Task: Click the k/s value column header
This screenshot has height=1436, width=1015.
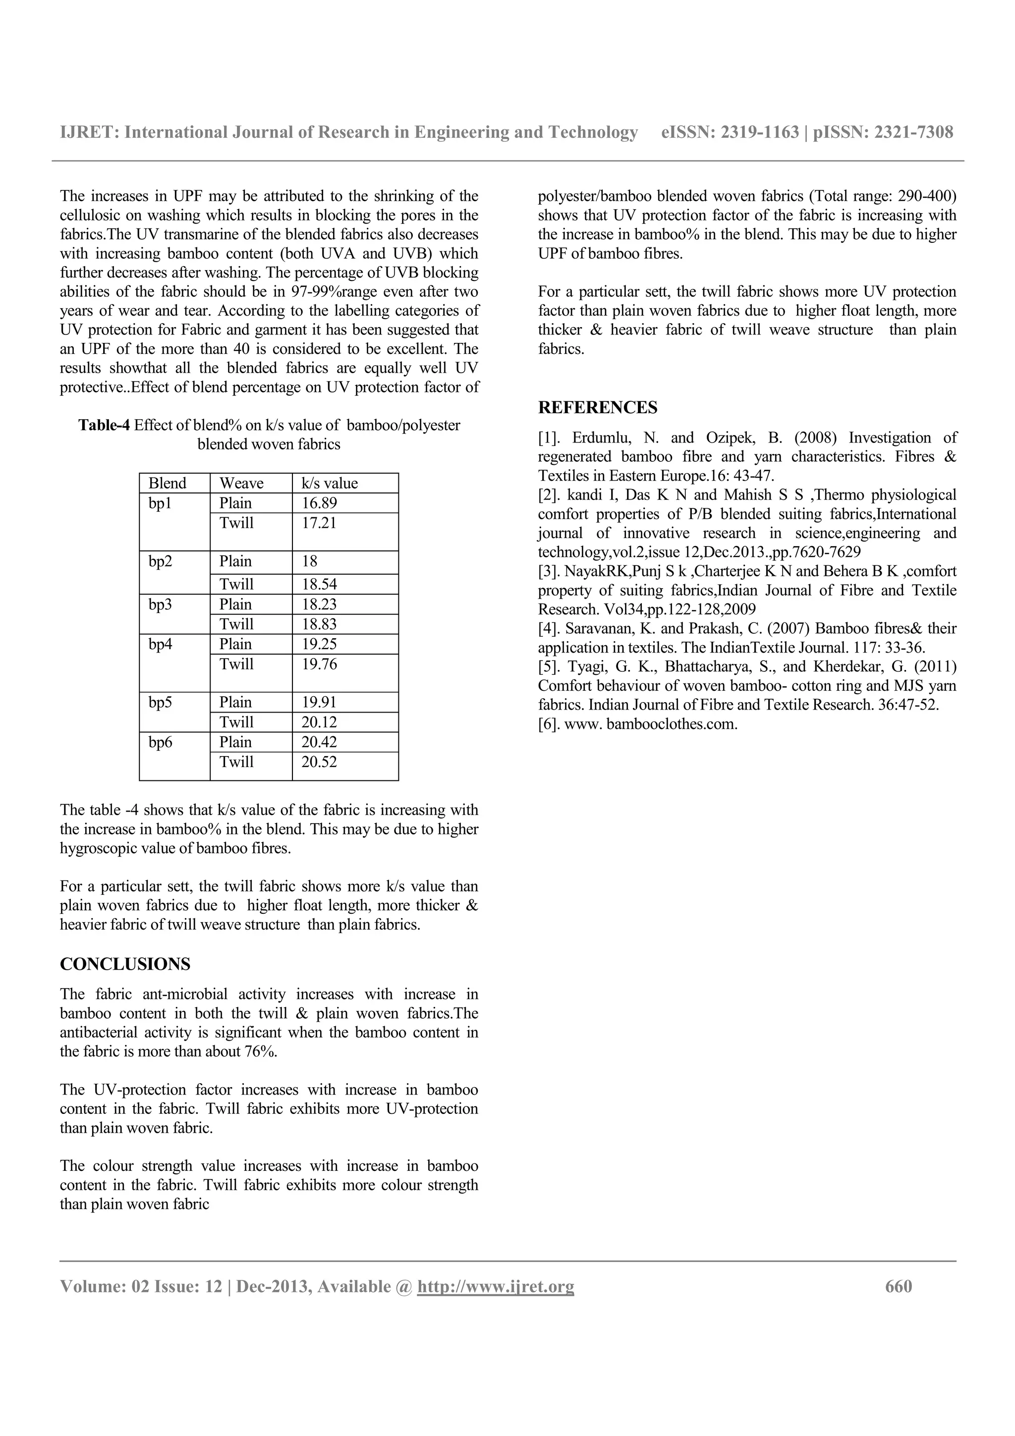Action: pyautogui.click(x=330, y=484)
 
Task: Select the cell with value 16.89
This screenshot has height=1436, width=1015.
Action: pyautogui.click(x=320, y=503)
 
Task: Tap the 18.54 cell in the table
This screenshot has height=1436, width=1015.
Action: pyautogui.click(x=320, y=584)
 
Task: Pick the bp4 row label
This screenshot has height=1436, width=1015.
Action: pyautogui.click(x=160, y=644)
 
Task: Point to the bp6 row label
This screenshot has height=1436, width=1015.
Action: pyautogui.click(x=160, y=742)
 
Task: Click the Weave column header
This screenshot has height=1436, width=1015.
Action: pyautogui.click(x=241, y=484)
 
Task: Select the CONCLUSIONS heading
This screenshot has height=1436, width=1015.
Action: pyautogui.click(x=125, y=964)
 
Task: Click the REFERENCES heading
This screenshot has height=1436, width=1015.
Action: pyautogui.click(x=597, y=408)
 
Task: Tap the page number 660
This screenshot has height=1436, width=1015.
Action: pyautogui.click(x=898, y=1286)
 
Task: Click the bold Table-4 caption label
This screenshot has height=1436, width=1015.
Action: pyautogui.click(x=104, y=426)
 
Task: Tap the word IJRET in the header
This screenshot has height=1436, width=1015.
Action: pyautogui.click(x=88, y=132)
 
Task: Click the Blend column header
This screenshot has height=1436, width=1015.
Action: pyautogui.click(x=167, y=484)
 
